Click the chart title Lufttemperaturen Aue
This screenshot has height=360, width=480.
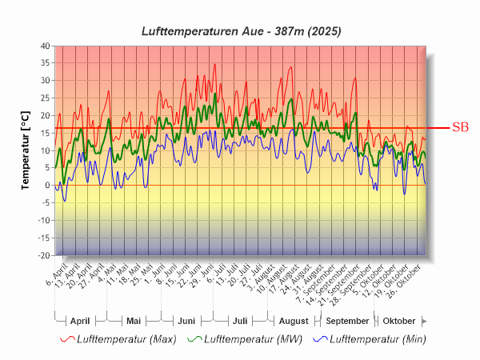tap(241, 31)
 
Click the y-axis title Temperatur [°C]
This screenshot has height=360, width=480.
tap(25, 150)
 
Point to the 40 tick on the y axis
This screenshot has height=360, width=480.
tap(45, 46)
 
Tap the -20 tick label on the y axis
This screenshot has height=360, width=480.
tap(43, 255)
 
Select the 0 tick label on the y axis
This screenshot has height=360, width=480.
tap(47, 186)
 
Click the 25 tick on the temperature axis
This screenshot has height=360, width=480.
tap(45, 98)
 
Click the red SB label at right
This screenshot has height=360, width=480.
tap(460, 126)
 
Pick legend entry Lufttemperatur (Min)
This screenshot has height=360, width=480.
tap(378, 339)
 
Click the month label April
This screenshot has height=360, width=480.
tap(80, 320)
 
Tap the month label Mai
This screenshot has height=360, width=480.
tap(134, 320)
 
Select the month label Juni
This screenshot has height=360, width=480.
tap(186, 320)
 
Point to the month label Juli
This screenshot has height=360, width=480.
tap(239, 320)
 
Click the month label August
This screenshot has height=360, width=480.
tap(293, 320)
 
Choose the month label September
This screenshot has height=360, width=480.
tap(347, 320)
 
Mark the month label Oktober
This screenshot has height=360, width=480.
tap(398, 320)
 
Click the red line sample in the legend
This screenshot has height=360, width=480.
tap(68, 339)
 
